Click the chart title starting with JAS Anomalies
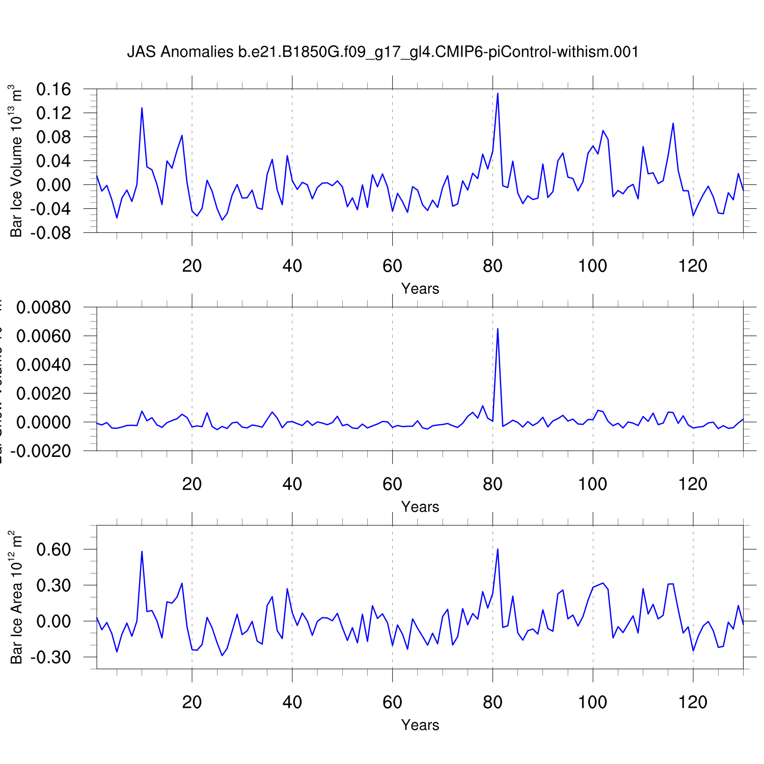[x=383, y=52]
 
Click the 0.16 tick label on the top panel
[x=53, y=90]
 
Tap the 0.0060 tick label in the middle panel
[x=43, y=336]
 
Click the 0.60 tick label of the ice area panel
[x=53, y=550]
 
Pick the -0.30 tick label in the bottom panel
[x=50, y=658]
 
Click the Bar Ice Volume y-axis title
[x=16, y=161]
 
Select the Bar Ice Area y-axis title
[x=16, y=597]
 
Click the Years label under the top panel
[x=420, y=289]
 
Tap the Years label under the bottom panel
[x=420, y=725]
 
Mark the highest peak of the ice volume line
[x=498, y=94]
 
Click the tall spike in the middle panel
[x=498, y=330]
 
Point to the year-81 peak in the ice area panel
[x=498, y=549]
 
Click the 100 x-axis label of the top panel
[x=592, y=266]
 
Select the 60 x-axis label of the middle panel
[x=392, y=484]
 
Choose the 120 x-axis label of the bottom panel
[x=693, y=702]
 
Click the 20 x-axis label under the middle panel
[x=192, y=484]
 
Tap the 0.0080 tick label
[x=43, y=308]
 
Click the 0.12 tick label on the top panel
[x=53, y=113]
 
